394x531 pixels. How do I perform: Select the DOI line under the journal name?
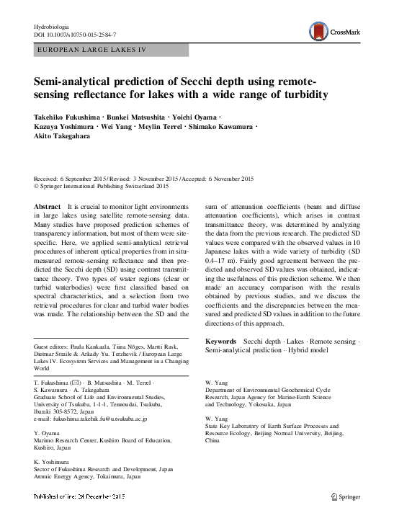[x=76, y=35]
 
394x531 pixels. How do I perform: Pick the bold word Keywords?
[x=222, y=340]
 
